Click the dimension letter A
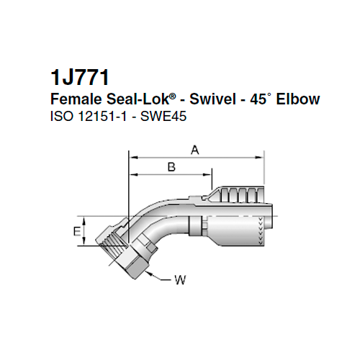point(194,150)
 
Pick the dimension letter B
point(171,168)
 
